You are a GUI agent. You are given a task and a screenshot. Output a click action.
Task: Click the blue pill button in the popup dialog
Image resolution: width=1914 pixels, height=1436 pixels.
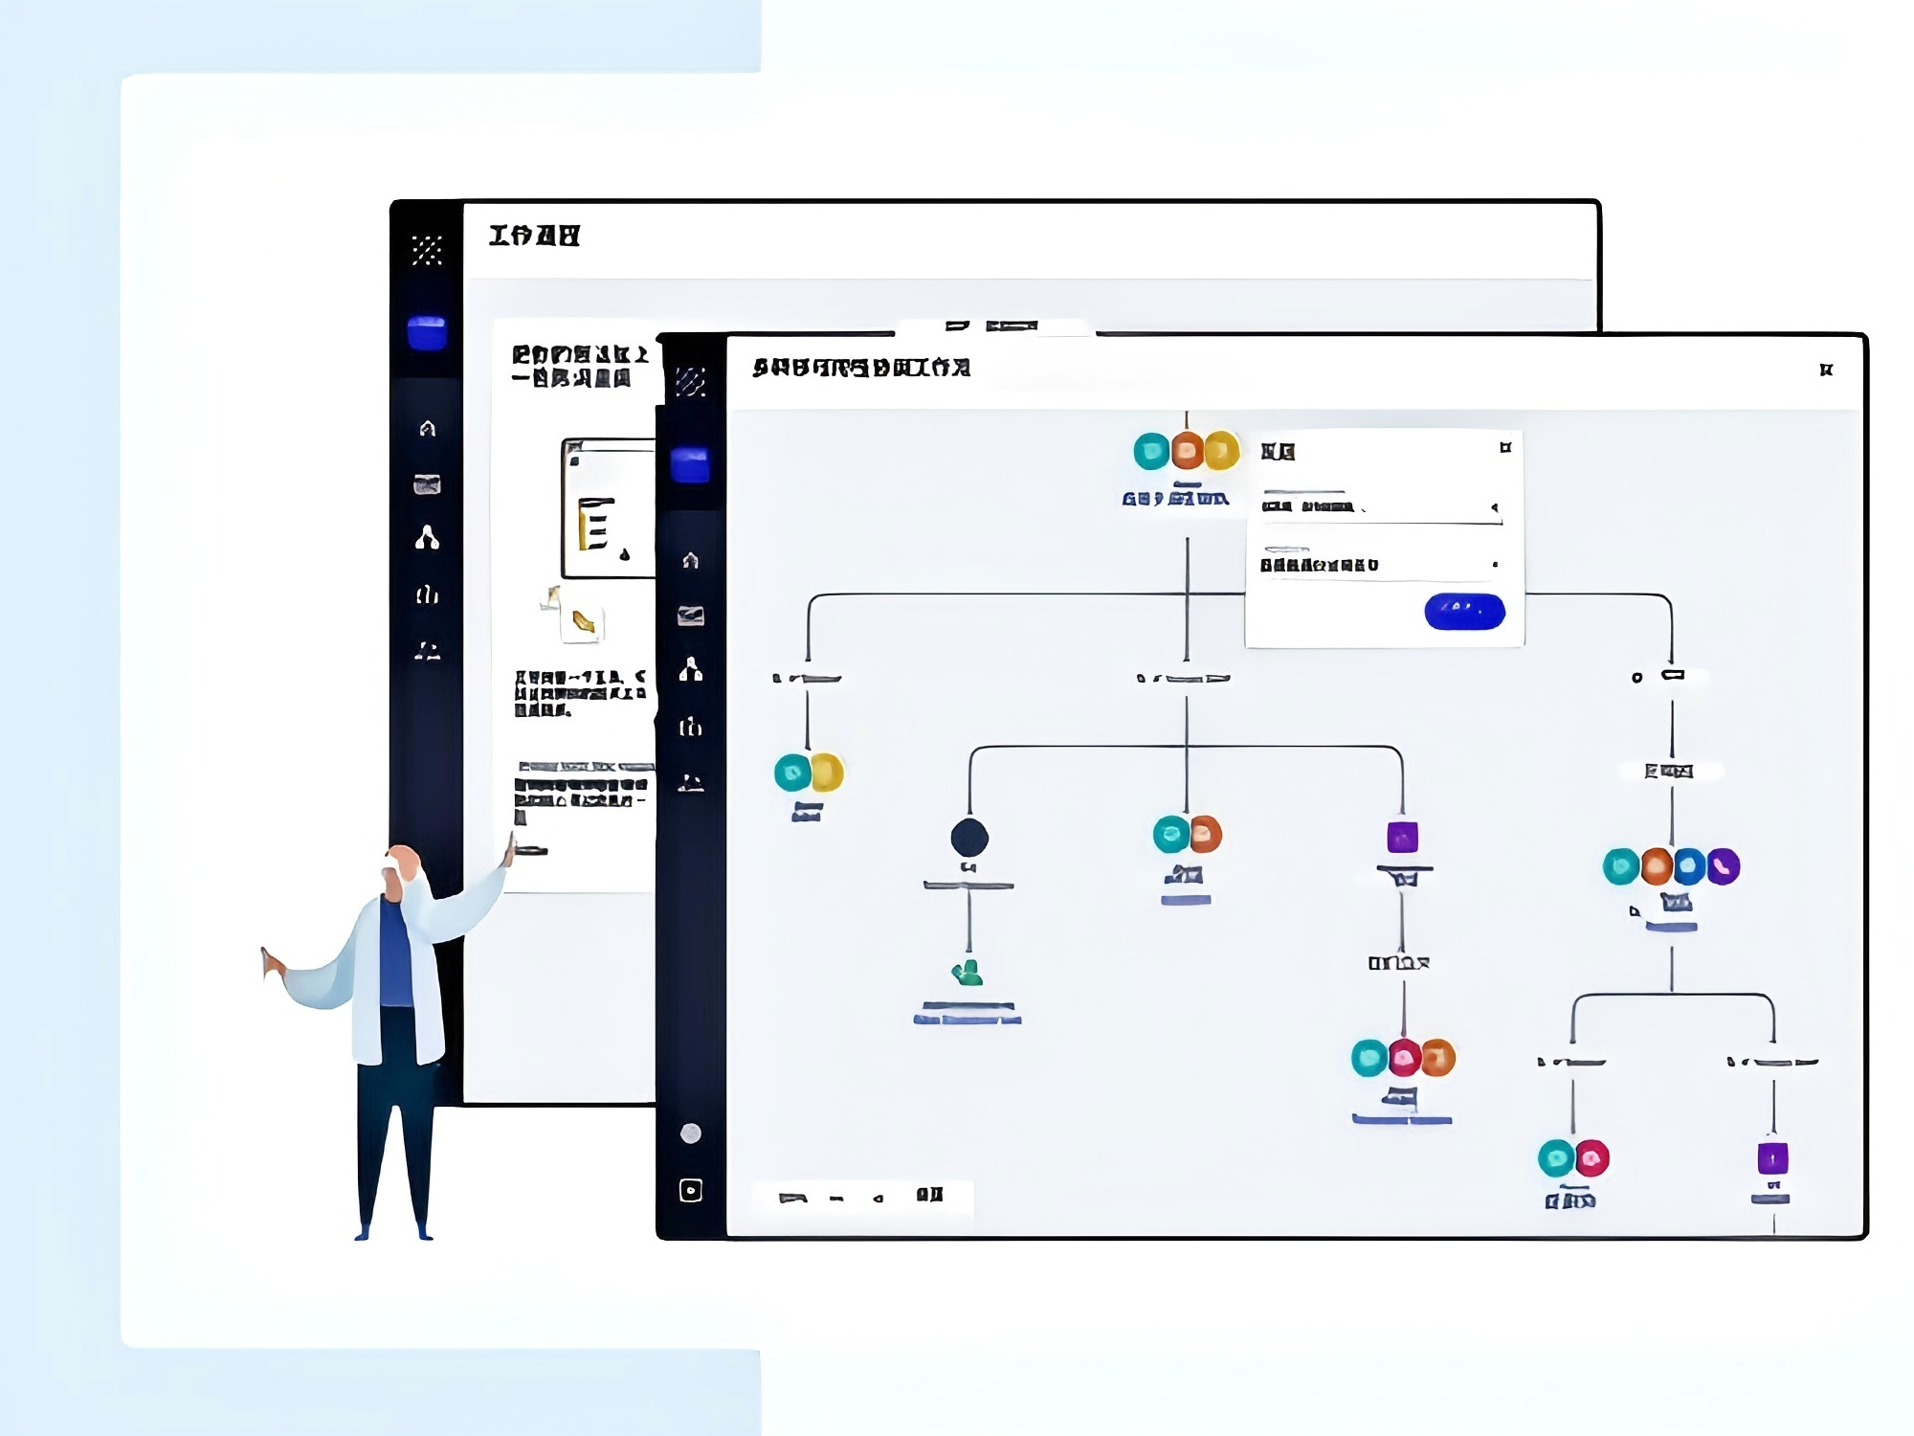pyautogui.click(x=1464, y=611)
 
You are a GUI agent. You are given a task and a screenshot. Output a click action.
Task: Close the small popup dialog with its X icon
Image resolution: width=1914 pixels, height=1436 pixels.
pyautogui.click(x=1505, y=447)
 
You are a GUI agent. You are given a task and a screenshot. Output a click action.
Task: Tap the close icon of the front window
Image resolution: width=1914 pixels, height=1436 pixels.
pyautogui.click(x=1826, y=370)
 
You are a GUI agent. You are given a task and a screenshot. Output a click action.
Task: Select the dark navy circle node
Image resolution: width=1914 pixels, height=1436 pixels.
pyautogui.click(x=969, y=837)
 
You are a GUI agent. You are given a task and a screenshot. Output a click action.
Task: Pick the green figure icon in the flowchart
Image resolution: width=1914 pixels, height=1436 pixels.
pyautogui.click(x=968, y=974)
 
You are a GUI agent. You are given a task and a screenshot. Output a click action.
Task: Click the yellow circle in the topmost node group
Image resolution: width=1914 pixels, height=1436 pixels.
pyautogui.click(x=1222, y=450)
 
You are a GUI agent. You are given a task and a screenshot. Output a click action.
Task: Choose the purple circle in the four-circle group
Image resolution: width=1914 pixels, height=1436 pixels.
pyautogui.click(x=1723, y=866)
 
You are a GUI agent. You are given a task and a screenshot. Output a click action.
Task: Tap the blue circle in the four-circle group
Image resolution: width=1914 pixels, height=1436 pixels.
pyautogui.click(x=1690, y=866)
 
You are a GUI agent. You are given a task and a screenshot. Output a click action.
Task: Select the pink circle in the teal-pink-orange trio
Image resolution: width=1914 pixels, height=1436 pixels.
pyautogui.click(x=1404, y=1058)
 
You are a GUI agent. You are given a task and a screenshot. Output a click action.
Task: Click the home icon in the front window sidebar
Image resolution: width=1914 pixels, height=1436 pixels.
pyautogui.click(x=690, y=560)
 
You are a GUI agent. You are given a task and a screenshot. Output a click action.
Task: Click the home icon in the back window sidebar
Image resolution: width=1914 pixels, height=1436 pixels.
pyautogui.click(x=427, y=428)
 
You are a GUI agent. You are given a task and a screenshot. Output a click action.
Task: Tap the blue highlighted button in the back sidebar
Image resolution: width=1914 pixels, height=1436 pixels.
pyautogui.click(x=427, y=333)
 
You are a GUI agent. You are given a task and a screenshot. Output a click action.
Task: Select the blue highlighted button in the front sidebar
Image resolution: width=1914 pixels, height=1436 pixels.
pyautogui.click(x=690, y=465)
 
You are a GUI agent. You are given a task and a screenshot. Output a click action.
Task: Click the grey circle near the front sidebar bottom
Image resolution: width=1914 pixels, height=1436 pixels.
pyautogui.click(x=690, y=1133)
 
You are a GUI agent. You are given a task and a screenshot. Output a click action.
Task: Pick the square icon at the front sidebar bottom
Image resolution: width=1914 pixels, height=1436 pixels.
pyautogui.click(x=690, y=1190)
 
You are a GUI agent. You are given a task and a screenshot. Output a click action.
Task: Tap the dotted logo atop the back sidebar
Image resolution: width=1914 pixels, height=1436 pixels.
pyautogui.click(x=427, y=250)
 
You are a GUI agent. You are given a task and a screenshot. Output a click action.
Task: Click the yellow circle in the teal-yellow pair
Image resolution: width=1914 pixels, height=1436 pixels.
pyautogui.click(x=827, y=773)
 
